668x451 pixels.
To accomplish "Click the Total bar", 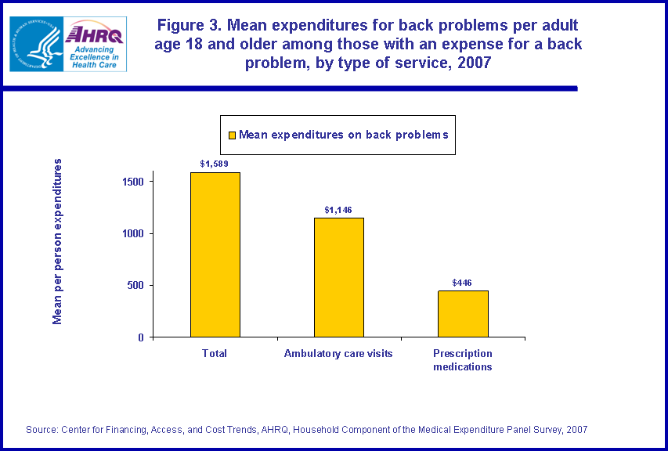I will point(215,254).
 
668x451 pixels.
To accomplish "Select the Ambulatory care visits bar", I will point(338,277).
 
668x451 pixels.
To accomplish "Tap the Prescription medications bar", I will point(463,313).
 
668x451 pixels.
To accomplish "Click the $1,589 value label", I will point(214,164).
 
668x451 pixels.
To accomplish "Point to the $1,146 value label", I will point(338,210).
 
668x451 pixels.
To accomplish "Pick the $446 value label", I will point(462,283).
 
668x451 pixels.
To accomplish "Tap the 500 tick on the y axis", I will point(135,285).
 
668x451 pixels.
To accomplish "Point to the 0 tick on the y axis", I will point(141,337).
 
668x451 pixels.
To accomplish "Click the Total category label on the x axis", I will point(215,354).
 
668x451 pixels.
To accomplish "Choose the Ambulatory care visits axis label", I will point(338,354).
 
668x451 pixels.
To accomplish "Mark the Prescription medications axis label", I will point(463,360).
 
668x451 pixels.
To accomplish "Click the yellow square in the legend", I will point(232,135).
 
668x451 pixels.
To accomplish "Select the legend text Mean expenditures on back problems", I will point(343,135).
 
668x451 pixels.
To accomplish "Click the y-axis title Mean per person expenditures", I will point(57,241).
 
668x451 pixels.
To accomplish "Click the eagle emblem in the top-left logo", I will point(34,44).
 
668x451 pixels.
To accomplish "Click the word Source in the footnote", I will point(42,429).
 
